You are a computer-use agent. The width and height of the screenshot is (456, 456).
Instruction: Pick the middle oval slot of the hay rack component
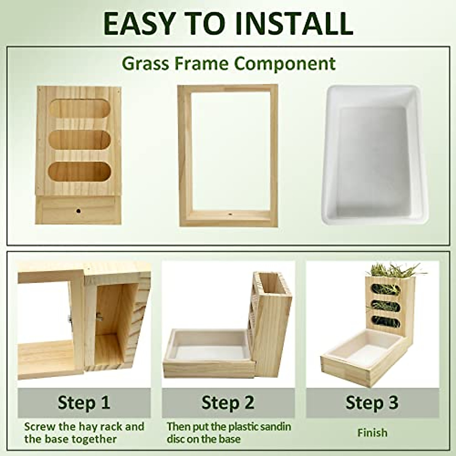(x=79, y=140)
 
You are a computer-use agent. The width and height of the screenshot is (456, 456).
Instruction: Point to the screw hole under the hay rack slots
(x=79, y=210)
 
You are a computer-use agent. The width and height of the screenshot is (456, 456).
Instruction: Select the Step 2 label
(x=228, y=402)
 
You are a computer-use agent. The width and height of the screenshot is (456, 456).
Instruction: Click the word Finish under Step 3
(x=372, y=432)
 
